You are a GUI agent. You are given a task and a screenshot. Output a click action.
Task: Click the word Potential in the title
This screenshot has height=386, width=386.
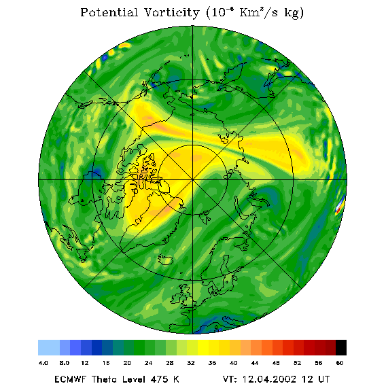[109, 12]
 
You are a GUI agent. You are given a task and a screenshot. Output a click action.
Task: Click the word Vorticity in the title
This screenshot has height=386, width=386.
[171, 12]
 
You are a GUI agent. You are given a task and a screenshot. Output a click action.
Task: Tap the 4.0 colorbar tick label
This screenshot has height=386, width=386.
[43, 363]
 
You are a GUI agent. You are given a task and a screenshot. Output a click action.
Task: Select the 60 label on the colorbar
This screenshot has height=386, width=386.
[340, 363]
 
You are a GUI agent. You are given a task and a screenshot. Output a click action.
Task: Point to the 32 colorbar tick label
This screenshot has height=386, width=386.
[191, 363]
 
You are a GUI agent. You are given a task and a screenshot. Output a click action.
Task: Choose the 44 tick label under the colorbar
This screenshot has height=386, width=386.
[255, 363]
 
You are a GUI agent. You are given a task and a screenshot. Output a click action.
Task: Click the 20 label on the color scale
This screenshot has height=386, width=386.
[127, 363]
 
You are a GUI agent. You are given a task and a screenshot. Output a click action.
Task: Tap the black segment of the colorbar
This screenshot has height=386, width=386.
[341, 347]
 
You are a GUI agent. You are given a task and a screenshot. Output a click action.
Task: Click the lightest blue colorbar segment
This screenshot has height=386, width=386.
[49, 347]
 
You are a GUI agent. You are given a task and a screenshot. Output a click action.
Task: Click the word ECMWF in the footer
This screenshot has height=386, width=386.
[70, 379]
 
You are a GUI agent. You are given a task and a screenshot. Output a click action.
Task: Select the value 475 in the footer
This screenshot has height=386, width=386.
[160, 379]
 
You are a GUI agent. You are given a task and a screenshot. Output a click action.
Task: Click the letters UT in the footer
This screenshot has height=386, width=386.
[323, 379]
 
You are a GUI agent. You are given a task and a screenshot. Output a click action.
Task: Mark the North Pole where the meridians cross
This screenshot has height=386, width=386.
[193, 179]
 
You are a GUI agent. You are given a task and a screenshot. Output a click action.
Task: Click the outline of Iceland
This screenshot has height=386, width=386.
[166, 260]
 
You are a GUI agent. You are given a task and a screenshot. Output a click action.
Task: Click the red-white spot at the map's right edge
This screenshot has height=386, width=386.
[340, 205]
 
